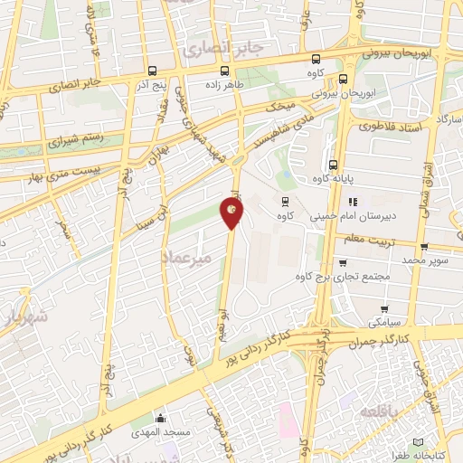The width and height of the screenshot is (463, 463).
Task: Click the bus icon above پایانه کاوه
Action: (335, 165)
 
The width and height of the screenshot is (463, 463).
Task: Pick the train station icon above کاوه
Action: (286, 201)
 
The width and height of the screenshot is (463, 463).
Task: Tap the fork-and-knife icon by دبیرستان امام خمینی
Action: (354, 202)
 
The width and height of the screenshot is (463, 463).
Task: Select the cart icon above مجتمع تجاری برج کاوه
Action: (343, 263)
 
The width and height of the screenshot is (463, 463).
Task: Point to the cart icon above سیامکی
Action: (385, 309)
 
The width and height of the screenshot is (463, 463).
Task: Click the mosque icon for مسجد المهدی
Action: (161, 419)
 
